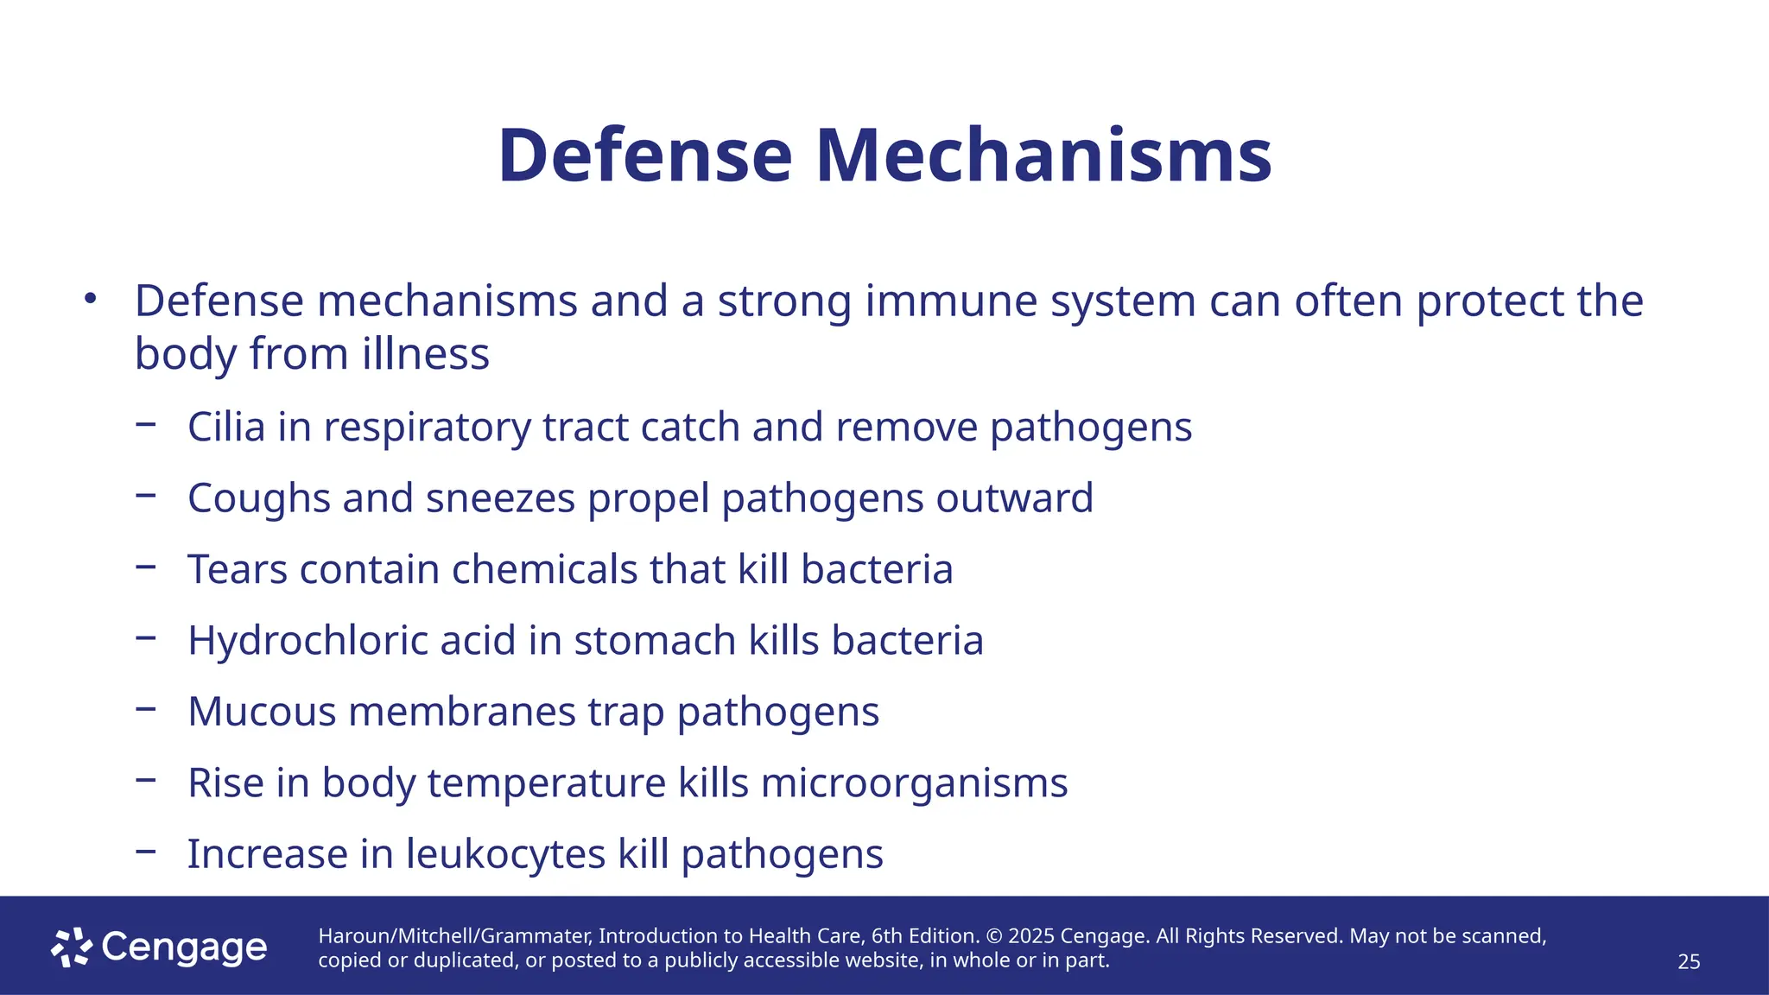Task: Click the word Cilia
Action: pyautogui.click(x=226, y=427)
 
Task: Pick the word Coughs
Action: pyautogui.click(x=259, y=499)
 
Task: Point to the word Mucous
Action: pyautogui.click(x=262, y=712)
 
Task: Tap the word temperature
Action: pyautogui.click(x=547, y=784)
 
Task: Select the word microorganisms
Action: pyautogui.click(x=914, y=784)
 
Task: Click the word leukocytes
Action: pyautogui.click(x=505, y=854)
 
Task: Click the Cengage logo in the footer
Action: pyautogui.click(x=159, y=947)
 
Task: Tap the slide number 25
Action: pyautogui.click(x=1689, y=961)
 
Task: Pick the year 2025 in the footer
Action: pyautogui.click(x=1030, y=936)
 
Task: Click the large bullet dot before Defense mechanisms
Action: pyautogui.click(x=90, y=300)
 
